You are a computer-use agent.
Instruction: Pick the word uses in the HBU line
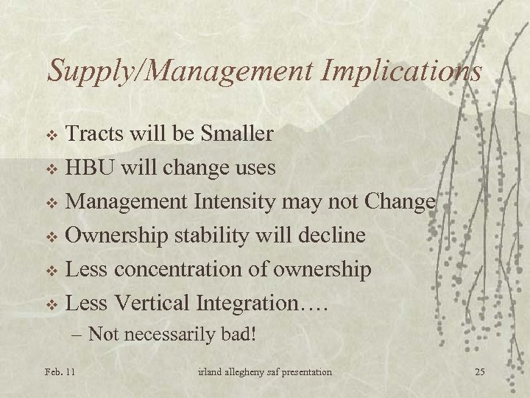point(252,168)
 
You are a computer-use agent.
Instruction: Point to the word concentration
point(193,270)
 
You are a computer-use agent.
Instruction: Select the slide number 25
point(479,371)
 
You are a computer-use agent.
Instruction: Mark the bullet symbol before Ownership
point(51,237)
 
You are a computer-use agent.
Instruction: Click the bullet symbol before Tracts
point(51,136)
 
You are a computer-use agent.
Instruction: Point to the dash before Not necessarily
point(79,335)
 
